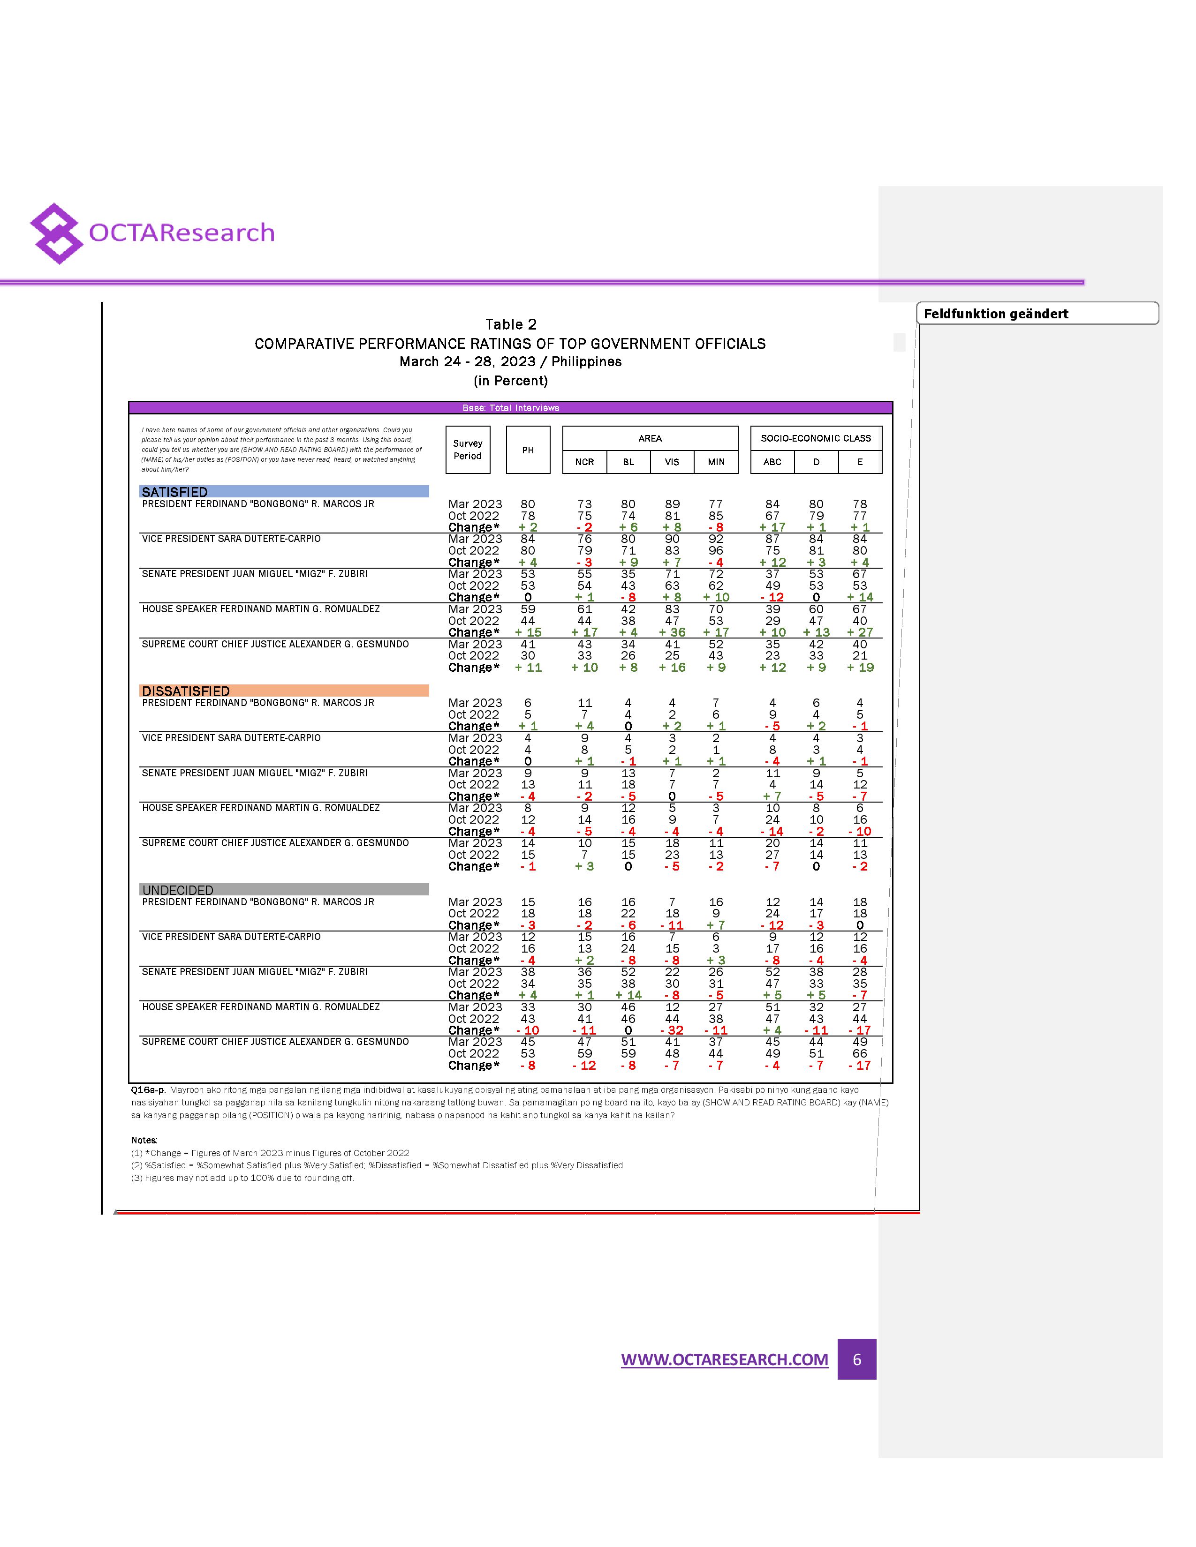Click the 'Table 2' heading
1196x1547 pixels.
[x=510, y=324]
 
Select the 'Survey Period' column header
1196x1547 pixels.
[x=468, y=450]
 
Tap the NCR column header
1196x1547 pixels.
[x=584, y=462]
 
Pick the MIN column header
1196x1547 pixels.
[x=716, y=462]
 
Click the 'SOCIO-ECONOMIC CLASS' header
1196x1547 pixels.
[x=816, y=438]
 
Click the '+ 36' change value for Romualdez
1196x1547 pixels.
[x=672, y=632]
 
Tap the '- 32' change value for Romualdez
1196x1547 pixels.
[x=672, y=1030]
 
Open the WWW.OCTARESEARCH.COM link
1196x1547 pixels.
[x=724, y=1359]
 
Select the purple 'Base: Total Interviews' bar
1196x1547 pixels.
[x=510, y=408]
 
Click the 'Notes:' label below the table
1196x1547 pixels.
[x=144, y=1140]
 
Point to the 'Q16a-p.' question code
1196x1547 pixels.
[x=148, y=1090]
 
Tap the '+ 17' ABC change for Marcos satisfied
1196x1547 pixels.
[x=772, y=527]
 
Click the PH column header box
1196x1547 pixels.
[x=528, y=450]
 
